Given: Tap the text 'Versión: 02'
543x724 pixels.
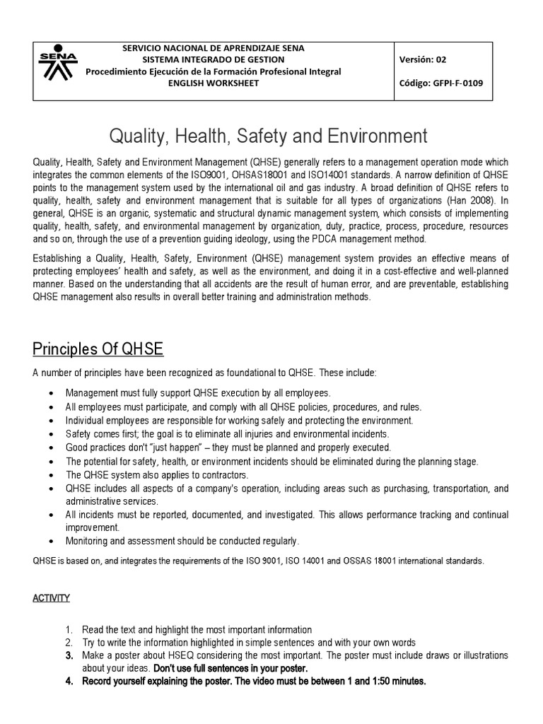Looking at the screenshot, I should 424,59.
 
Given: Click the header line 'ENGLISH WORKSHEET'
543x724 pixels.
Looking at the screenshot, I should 213,83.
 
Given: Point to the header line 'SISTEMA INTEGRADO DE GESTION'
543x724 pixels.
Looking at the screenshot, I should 213,59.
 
